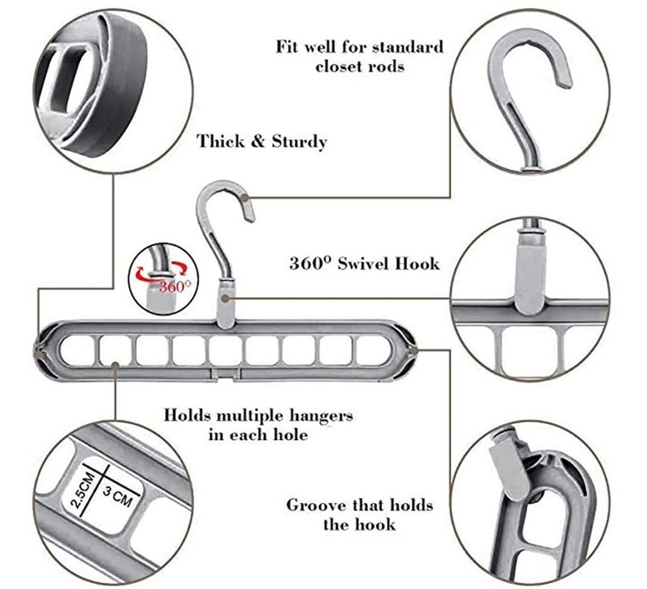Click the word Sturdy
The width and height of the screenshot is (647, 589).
[299, 142]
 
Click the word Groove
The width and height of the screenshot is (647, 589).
[316, 506]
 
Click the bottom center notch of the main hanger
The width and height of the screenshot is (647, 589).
[225, 374]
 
